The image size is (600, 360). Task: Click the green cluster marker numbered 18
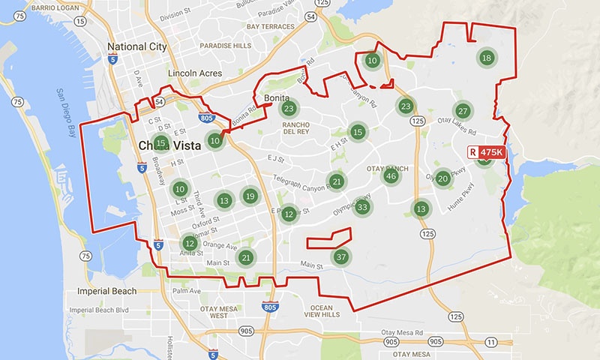487,58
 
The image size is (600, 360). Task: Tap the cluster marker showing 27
463,112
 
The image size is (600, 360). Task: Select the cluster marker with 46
390,176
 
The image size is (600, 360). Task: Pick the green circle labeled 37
341,256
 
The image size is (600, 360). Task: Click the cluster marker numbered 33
363,207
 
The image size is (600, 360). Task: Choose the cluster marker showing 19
250,196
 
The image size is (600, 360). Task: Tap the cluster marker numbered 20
443,178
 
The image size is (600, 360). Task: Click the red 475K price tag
488,152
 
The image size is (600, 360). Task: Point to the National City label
137,46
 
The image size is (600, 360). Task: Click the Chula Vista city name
170,145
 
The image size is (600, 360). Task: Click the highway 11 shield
490,342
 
